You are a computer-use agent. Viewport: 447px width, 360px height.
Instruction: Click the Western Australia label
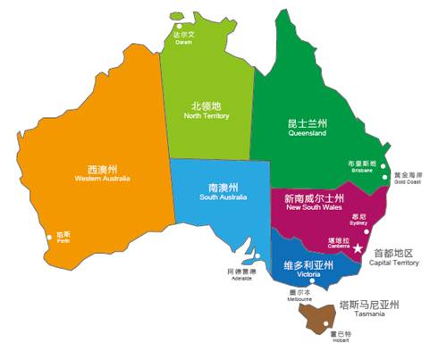click(104, 172)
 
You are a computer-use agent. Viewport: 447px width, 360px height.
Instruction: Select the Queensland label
click(307, 126)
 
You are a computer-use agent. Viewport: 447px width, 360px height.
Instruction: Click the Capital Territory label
click(394, 257)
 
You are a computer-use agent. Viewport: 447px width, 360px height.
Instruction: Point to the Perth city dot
click(50, 238)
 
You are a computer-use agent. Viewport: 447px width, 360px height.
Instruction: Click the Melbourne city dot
click(312, 284)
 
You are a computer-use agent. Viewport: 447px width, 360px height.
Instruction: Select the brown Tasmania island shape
click(318, 314)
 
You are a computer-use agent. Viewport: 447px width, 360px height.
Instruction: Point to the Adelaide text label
click(240, 274)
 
